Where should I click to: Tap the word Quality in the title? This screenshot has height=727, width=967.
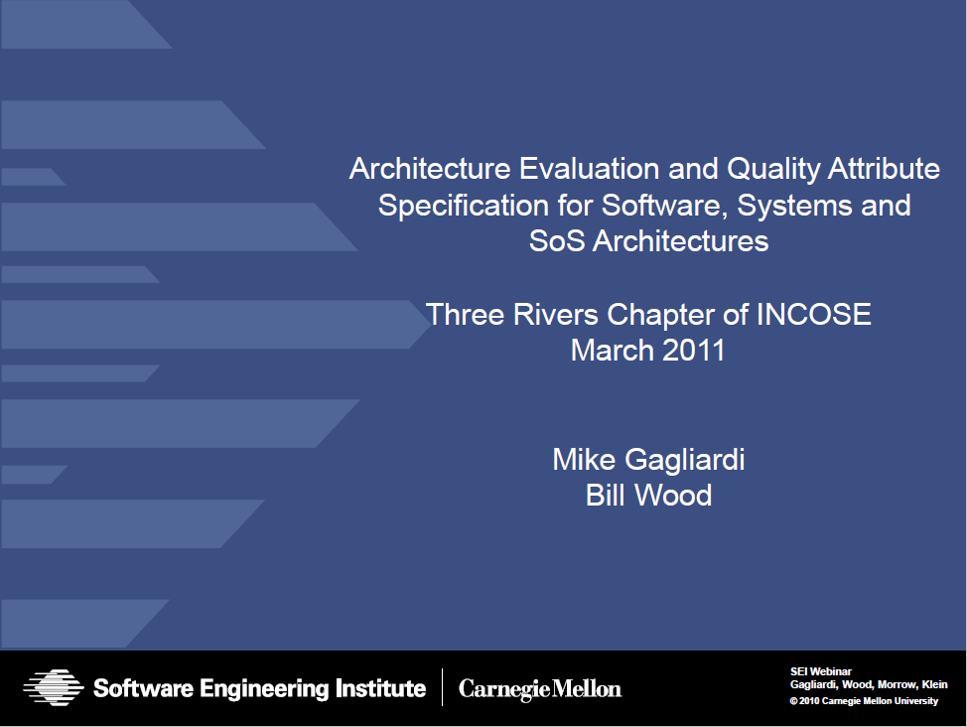[x=773, y=170]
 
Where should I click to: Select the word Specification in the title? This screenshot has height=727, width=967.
[x=464, y=207]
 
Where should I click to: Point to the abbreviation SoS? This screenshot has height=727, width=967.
[x=557, y=240]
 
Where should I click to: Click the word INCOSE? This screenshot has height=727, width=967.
[x=813, y=315]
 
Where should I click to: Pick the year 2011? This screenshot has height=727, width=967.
[x=694, y=351]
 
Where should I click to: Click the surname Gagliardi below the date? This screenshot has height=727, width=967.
[x=685, y=461]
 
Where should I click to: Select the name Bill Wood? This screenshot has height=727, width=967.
[x=648, y=495]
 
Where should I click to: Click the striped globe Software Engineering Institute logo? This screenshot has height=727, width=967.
[x=54, y=687]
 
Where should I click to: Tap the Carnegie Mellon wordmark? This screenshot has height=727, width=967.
[x=540, y=688]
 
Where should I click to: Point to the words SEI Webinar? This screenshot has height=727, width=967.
[x=821, y=671]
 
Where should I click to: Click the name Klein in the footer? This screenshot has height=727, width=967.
[x=934, y=684]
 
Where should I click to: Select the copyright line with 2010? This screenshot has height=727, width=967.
[x=864, y=701]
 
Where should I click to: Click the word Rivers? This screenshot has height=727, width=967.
[x=556, y=315]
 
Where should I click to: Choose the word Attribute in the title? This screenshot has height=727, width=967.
[x=884, y=169]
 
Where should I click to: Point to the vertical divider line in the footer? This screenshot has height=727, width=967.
[x=442, y=687]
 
